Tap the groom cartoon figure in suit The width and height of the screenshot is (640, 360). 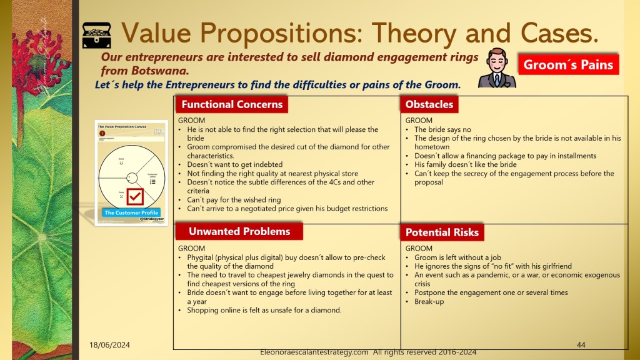(497, 68)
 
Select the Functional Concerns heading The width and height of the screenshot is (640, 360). (232, 104)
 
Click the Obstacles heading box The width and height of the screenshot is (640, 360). (429, 104)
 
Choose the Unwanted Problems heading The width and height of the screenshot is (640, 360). (239, 231)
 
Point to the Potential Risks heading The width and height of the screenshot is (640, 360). (442, 232)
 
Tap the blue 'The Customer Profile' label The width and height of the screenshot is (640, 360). (131, 212)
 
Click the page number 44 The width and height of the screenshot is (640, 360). (581, 344)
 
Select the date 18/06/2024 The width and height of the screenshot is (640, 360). (105, 345)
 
